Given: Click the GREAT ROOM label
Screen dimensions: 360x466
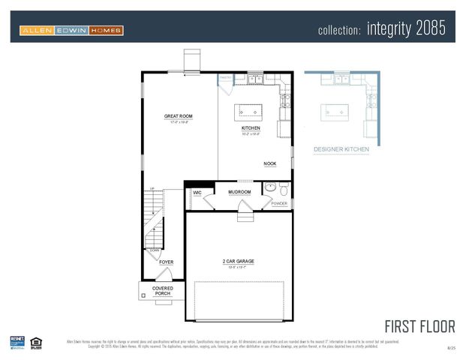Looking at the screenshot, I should click(x=179, y=116).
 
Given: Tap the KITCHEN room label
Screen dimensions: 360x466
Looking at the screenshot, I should click(x=251, y=128).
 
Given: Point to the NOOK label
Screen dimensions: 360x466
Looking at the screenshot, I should click(x=269, y=163).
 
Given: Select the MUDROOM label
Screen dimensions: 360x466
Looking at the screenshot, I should click(x=239, y=192).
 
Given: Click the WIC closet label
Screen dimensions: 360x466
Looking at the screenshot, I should click(x=197, y=193).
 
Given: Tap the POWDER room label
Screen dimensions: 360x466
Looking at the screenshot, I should click(x=279, y=203).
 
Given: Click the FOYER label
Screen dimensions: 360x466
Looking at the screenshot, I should click(x=166, y=262).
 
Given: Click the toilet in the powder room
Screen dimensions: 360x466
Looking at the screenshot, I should click(x=284, y=188).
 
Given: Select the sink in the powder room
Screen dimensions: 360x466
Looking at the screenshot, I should click(x=269, y=187).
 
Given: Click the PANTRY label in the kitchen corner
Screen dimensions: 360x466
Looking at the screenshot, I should click(x=225, y=77).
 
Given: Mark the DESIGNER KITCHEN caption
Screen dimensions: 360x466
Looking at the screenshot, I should click(x=341, y=149).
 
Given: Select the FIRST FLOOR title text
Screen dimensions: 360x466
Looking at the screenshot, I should click(x=419, y=326).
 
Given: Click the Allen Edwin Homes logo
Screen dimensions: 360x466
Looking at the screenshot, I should click(x=71, y=31).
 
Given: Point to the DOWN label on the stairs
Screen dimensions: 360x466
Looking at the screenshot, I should click(x=155, y=251).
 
